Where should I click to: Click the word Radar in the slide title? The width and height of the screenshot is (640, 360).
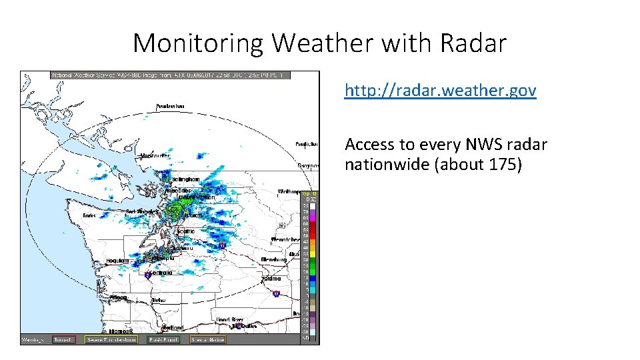coord(473,44)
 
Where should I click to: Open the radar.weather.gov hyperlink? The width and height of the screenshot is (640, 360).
coord(440,91)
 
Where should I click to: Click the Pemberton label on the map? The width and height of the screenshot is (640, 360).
coord(171,107)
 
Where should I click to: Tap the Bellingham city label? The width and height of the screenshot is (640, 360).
coord(185,179)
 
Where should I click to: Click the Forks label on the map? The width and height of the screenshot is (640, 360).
coord(89,215)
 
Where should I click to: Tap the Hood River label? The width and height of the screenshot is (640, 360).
coord(228,319)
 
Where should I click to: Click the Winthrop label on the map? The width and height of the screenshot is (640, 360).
coord(289,191)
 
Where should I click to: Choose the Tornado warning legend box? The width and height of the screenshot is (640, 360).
coord(65,339)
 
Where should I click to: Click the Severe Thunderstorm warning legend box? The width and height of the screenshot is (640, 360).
coord(111,339)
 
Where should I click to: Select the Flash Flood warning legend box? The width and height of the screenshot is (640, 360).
coord(163,339)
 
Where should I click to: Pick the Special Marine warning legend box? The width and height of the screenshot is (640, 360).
coord(207,339)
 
